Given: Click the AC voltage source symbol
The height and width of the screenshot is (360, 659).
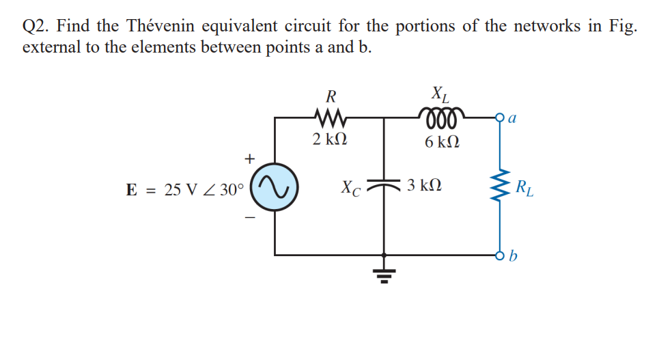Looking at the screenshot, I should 275,186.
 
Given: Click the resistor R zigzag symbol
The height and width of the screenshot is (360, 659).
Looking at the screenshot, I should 330,117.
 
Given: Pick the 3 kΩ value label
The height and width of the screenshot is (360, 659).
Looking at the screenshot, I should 423,185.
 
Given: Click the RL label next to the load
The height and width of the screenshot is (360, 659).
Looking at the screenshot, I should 528,186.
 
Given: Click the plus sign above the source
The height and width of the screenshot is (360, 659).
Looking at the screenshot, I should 250,158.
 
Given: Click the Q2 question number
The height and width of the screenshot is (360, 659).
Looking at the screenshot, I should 36,27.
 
